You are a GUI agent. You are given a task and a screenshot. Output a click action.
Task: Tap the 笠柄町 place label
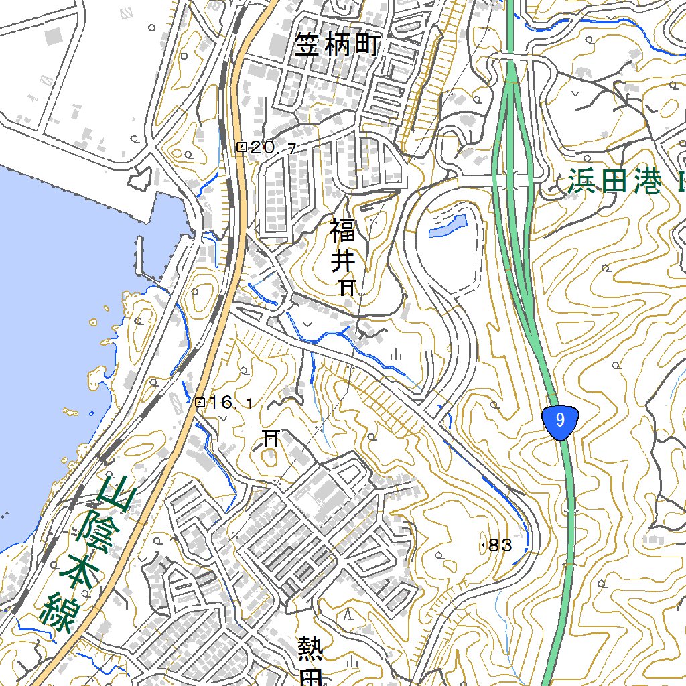(337, 46)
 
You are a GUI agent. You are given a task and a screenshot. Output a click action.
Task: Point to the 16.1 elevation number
(231, 403)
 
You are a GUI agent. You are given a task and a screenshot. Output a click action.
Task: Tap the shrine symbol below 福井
(347, 288)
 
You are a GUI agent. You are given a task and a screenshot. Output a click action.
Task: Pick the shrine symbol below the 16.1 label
(271, 438)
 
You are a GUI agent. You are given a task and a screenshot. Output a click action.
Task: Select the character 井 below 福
(343, 260)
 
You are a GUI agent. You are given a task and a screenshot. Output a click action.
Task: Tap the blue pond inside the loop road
(448, 226)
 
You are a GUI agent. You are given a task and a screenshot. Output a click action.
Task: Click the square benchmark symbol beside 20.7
(242, 147)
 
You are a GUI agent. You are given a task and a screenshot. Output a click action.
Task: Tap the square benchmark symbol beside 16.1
(199, 402)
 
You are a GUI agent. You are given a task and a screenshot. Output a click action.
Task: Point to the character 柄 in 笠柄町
(337, 46)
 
